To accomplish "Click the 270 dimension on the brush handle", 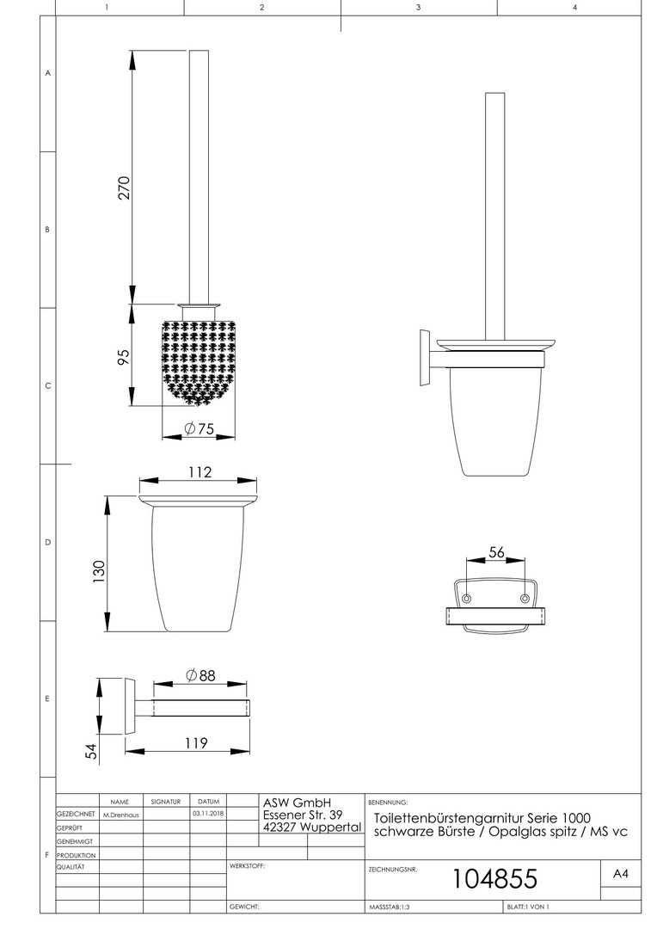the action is pyautogui.click(x=124, y=188).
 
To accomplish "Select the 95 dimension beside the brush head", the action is pyautogui.click(x=123, y=357).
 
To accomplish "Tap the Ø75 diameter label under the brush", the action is pyautogui.click(x=199, y=428).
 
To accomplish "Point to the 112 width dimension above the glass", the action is pyautogui.click(x=200, y=472).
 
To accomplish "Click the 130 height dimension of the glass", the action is pyautogui.click(x=98, y=572).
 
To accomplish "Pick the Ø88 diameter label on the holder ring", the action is pyautogui.click(x=200, y=675).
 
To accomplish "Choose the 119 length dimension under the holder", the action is pyautogui.click(x=195, y=743).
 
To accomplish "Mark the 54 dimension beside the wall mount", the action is pyautogui.click(x=90, y=752).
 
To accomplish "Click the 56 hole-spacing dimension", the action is pyautogui.click(x=496, y=552).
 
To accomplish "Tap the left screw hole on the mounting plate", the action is pyautogui.click(x=466, y=599).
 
